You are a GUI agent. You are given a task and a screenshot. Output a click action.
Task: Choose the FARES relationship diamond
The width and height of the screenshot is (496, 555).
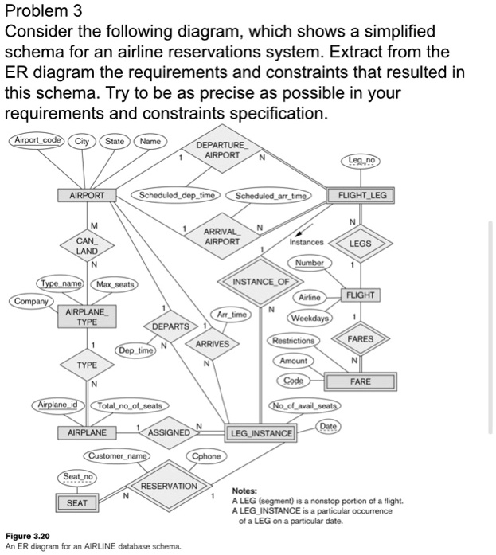pyautogui.click(x=361, y=338)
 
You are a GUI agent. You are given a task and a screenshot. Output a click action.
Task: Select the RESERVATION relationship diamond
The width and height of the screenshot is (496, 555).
pyautogui.click(x=168, y=486)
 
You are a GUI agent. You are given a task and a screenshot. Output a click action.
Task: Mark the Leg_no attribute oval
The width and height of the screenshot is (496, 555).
pyautogui.click(x=362, y=162)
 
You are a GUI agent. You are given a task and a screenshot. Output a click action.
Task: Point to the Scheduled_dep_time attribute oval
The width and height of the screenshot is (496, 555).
pyautogui.click(x=177, y=195)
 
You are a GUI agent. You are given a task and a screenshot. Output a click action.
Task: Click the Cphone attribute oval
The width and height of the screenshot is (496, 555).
pyautogui.click(x=206, y=457)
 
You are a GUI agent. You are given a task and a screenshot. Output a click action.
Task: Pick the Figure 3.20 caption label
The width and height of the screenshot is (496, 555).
pyautogui.click(x=28, y=536)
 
